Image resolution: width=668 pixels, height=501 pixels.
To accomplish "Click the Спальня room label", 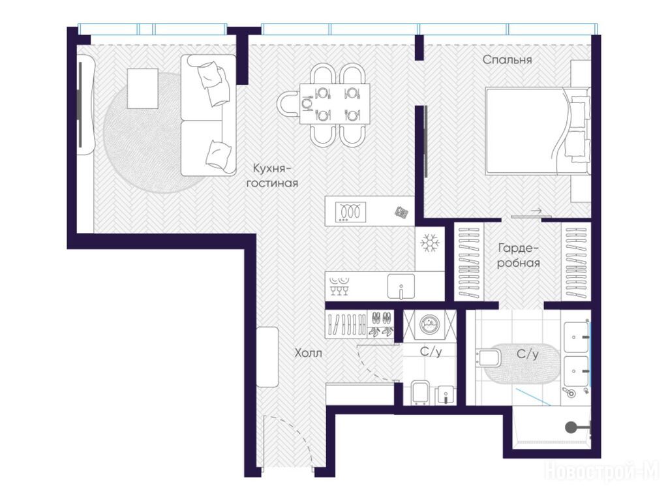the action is click(x=507, y=59).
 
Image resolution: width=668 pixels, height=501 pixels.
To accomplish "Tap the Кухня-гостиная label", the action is click(x=272, y=175).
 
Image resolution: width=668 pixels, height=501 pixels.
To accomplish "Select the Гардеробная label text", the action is click(x=519, y=255).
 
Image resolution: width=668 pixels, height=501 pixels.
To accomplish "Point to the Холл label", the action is click(x=309, y=353).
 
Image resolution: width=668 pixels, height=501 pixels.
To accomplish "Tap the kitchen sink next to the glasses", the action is click(x=401, y=286).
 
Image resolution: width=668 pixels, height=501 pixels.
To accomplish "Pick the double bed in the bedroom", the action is click(x=538, y=130).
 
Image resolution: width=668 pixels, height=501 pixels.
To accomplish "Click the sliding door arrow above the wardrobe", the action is click(x=536, y=211).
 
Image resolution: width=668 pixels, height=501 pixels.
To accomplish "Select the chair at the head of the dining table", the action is click(x=288, y=104).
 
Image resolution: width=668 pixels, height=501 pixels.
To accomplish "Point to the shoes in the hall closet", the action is click(x=381, y=325).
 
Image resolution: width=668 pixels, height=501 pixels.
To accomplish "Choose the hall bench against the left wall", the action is click(x=267, y=357).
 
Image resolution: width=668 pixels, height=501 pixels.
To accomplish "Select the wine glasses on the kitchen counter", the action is click(x=339, y=290).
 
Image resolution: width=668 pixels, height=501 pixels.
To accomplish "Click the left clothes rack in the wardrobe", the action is click(x=469, y=262).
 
